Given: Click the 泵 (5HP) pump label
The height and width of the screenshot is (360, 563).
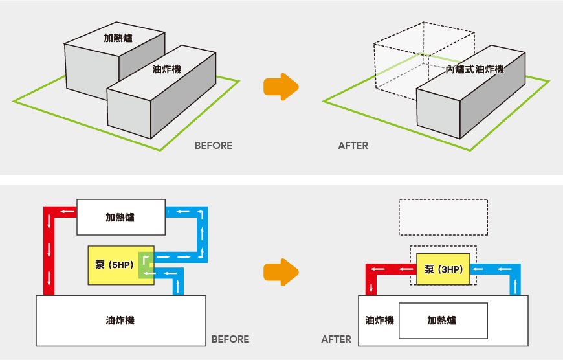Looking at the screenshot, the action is (114, 265).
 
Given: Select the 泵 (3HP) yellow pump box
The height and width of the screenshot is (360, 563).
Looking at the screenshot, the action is (443, 269).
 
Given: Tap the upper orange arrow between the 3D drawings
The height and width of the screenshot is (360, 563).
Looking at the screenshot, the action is (281, 87).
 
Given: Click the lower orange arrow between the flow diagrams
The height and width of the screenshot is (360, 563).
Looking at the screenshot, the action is (281, 272).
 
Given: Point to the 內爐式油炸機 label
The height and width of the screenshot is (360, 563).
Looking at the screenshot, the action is (475, 69).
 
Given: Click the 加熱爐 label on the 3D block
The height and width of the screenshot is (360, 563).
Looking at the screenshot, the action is (118, 38).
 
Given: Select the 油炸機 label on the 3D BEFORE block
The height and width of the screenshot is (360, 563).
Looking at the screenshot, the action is (166, 69).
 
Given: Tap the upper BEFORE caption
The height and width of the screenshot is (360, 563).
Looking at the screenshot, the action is (214, 146).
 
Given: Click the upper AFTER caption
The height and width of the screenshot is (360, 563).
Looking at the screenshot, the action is (353, 146).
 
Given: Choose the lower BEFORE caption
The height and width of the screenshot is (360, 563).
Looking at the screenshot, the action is (230, 339).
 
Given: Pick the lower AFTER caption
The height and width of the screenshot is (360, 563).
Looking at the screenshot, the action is (336, 339).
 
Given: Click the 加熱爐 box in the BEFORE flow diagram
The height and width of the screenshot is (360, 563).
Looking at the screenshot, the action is (121, 218).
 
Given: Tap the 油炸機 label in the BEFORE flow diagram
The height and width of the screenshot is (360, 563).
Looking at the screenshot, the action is (120, 321).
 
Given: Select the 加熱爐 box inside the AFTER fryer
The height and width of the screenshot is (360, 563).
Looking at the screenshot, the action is (443, 321).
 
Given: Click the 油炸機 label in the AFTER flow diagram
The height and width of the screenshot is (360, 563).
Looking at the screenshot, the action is (379, 321).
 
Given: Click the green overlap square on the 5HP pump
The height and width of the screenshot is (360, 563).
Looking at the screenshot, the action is (146, 265).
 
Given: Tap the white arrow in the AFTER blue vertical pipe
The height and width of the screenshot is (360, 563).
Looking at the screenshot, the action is (515, 287).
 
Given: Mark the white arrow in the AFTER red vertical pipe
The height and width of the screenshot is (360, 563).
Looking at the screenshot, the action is (371, 287).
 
